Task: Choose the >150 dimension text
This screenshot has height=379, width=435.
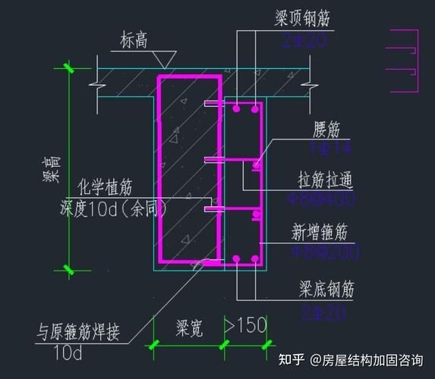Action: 245,326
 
